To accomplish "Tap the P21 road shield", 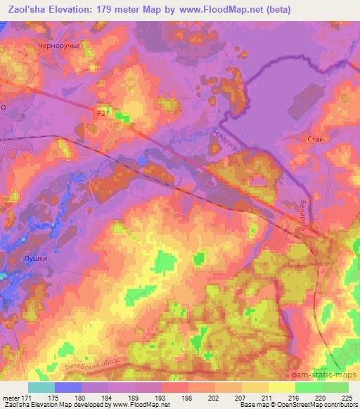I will (x=103, y=112).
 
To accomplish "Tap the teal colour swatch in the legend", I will (x=41, y=387).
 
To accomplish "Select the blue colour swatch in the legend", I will (x=68, y=387).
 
